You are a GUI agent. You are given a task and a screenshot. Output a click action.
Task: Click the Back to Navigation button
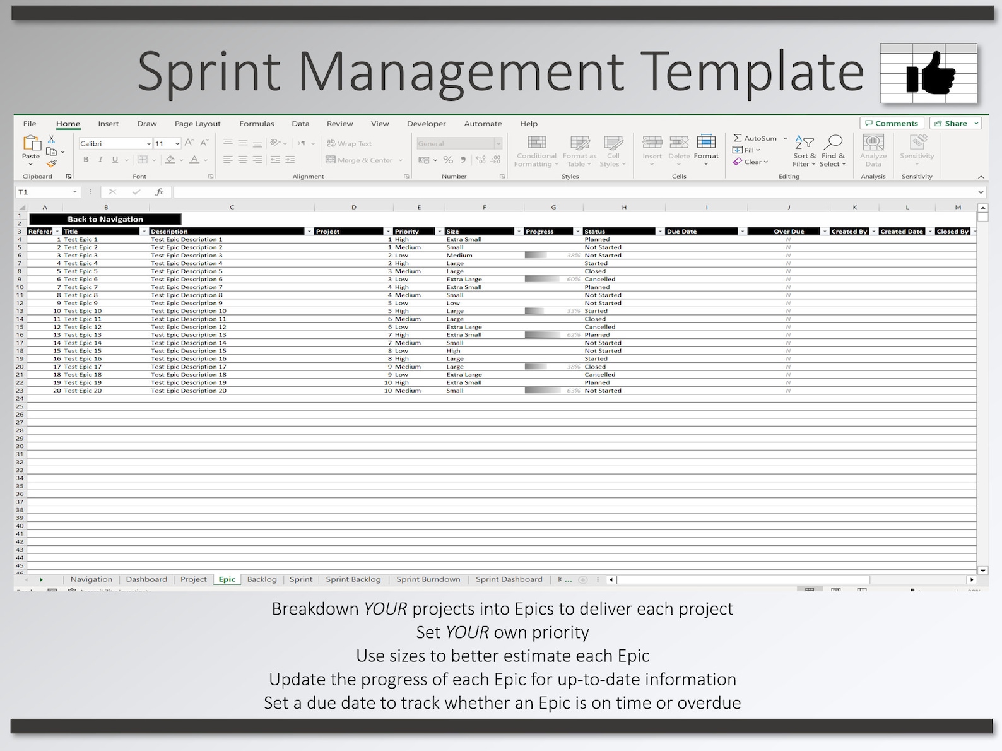[x=105, y=219]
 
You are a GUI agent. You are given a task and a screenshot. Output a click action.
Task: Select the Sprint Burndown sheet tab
[x=428, y=579]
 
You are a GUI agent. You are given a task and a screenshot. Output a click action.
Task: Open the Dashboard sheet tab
[x=146, y=579]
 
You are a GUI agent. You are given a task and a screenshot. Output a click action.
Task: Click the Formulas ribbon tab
[x=256, y=124]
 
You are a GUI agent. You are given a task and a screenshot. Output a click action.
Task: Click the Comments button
[x=892, y=123]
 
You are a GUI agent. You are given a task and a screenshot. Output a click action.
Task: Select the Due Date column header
[x=681, y=232]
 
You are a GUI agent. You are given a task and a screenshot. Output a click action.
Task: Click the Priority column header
[x=406, y=232]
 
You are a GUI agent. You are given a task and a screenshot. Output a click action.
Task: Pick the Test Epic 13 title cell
[x=83, y=335]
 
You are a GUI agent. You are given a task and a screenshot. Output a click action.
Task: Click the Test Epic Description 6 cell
[x=187, y=279]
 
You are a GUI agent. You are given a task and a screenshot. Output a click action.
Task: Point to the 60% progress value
[x=573, y=279]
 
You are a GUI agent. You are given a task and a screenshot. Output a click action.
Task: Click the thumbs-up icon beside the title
[x=929, y=74]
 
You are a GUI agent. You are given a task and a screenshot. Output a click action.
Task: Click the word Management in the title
[x=461, y=71]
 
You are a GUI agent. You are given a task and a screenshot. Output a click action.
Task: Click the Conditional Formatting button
[x=536, y=151]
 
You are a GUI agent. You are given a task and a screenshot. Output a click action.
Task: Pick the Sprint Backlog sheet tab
[x=353, y=579]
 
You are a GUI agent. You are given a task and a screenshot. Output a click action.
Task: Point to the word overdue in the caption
[x=709, y=702]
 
